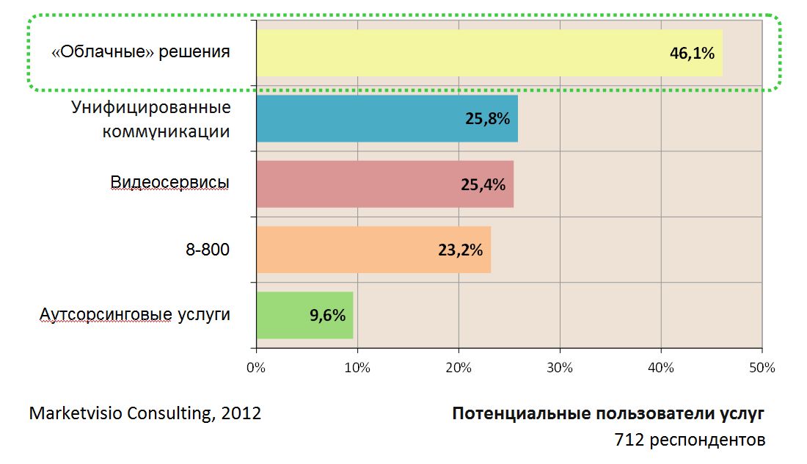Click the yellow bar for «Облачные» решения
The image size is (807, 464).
click(440, 53)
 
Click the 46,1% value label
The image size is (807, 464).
click(692, 53)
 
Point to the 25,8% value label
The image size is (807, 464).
click(487, 118)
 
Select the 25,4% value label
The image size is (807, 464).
click(483, 184)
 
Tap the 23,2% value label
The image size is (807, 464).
click(460, 250)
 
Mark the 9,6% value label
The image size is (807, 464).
click(327, 315)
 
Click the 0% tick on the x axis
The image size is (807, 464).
click(256, 368)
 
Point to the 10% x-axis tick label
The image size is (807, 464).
click(357, 368)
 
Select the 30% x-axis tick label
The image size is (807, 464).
click(560, 368)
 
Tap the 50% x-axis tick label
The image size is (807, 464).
click(762, 368)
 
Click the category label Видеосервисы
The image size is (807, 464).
click(170, 183)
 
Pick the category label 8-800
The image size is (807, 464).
click(208, 250)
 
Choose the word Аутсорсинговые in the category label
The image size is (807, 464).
click(106, 315)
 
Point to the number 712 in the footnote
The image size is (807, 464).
click(628, 440)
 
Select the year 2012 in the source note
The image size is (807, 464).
click(241, 413)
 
